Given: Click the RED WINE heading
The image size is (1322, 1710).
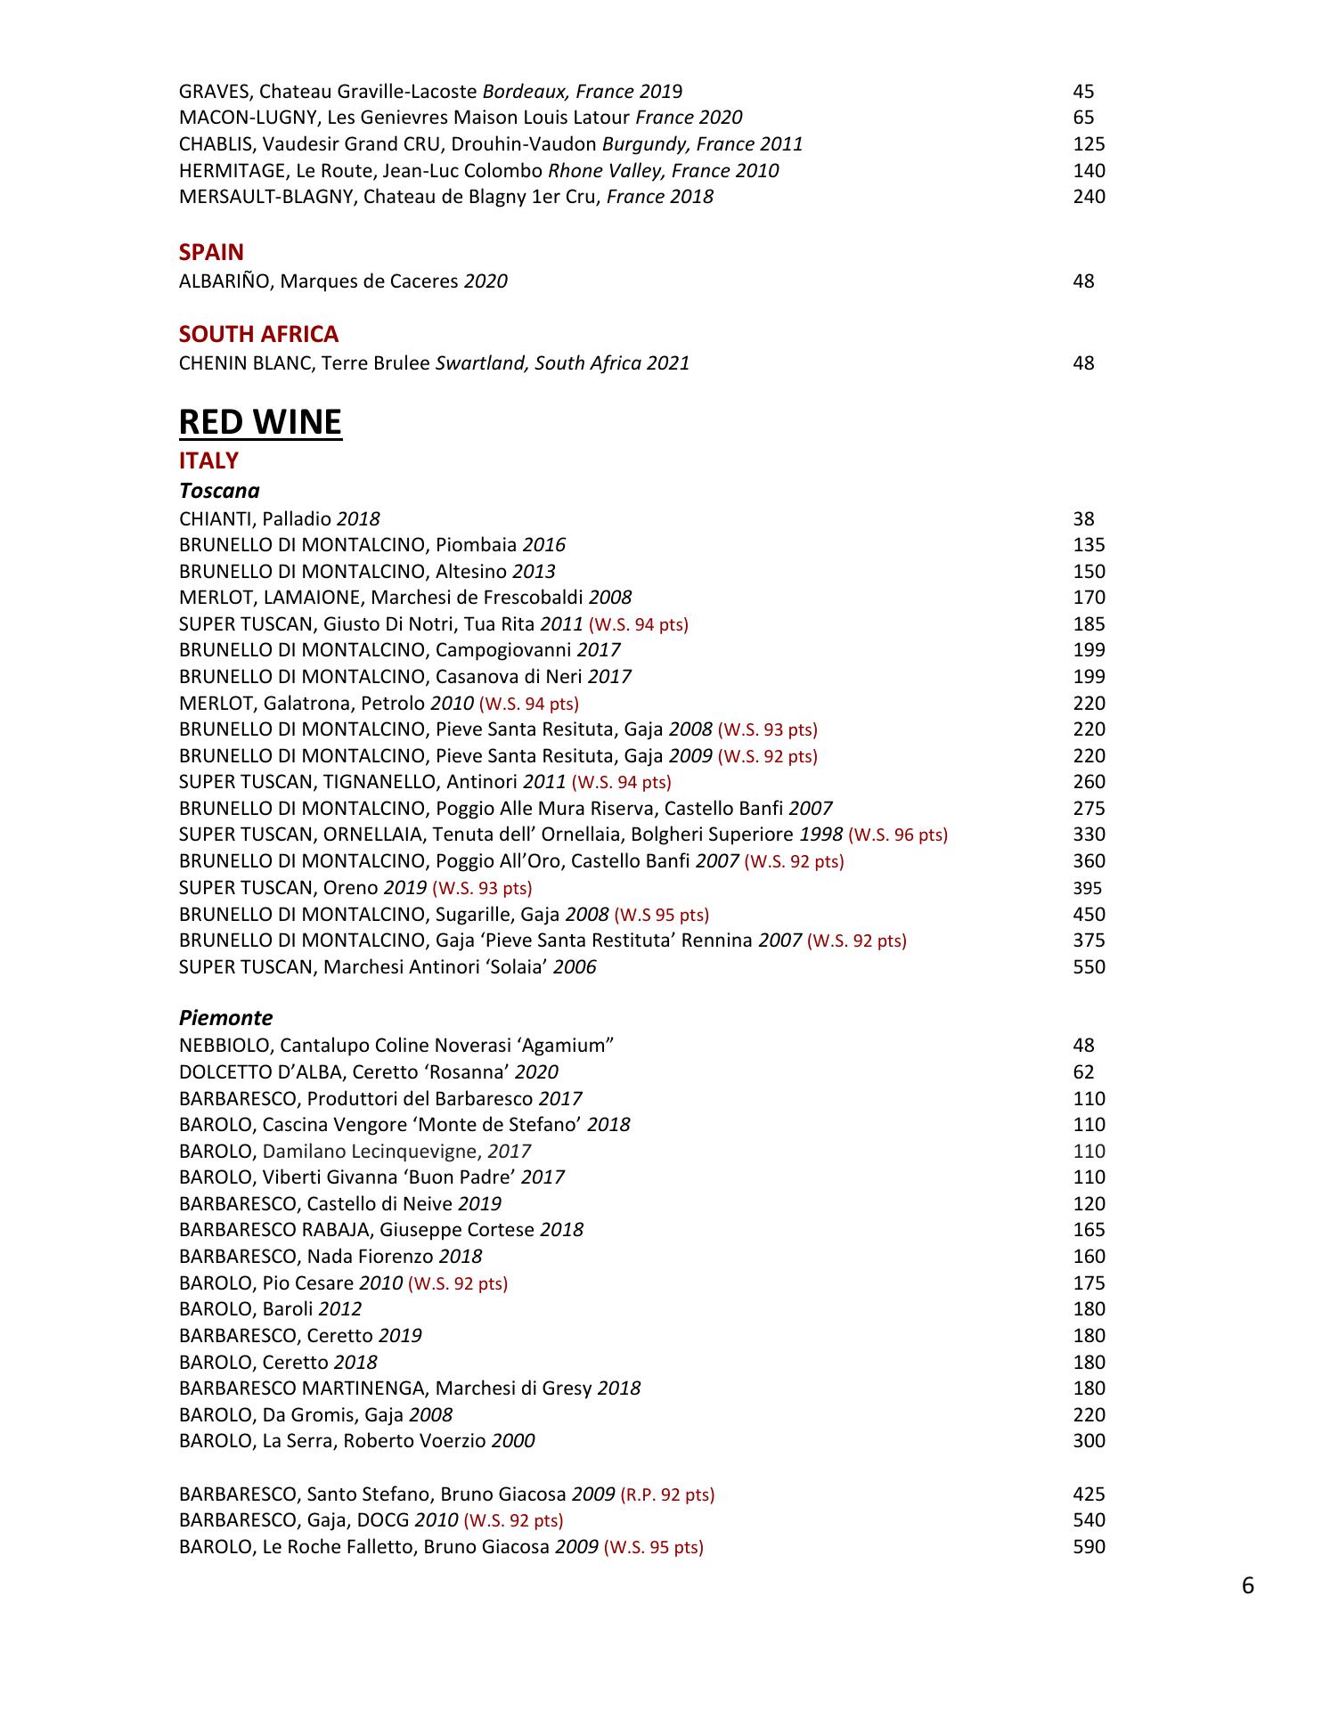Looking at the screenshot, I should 260,422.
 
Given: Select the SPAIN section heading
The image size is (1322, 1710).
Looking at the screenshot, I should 211,252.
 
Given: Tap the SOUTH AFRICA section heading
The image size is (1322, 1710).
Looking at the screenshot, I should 258,334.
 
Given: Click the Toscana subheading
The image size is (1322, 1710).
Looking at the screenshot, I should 219,491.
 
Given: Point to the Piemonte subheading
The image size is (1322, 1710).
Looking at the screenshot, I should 225,1018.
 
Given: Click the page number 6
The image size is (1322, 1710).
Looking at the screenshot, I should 1247,1586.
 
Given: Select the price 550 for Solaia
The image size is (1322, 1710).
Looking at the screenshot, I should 1089,967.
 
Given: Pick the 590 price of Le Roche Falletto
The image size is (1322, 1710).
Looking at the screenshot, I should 1089,1547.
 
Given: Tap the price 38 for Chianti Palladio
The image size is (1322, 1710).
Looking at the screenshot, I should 1083,519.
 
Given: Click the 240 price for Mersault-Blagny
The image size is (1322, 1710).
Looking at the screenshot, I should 1089,197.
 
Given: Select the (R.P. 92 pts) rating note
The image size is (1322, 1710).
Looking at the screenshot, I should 667,1494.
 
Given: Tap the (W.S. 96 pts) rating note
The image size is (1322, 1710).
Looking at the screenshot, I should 898,835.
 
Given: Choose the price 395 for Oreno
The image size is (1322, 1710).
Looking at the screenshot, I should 1087,888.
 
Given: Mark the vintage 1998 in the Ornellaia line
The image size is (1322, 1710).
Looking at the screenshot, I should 820,835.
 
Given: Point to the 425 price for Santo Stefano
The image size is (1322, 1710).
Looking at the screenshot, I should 1089,1494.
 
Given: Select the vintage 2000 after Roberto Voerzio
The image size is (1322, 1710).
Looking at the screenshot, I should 513,1441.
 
